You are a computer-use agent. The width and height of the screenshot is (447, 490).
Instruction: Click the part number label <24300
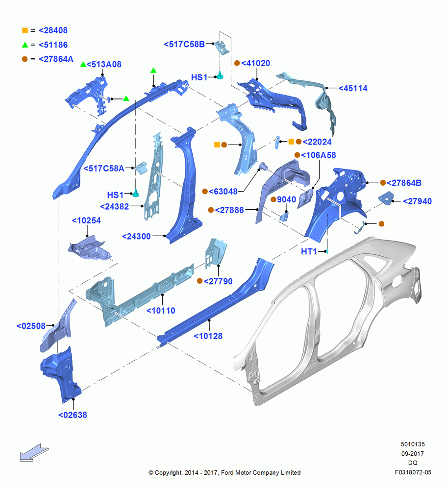point(136,236)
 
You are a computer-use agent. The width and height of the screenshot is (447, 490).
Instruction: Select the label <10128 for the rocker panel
point(208,336)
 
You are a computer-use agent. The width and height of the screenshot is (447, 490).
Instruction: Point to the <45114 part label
point(353,88)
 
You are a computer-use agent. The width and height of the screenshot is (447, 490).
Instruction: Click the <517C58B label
point(184,44)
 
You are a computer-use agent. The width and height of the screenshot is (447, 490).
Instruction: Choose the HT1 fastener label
point(309,251)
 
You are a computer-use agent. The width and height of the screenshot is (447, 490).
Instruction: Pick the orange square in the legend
point(25,30)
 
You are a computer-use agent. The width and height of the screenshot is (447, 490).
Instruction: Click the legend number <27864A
point(56,59)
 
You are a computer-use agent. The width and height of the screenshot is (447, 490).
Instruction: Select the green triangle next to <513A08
point(83,64)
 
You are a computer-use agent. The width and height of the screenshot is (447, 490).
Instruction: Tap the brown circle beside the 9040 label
point(273,199)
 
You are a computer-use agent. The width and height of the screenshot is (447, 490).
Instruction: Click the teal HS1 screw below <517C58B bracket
point(220,76)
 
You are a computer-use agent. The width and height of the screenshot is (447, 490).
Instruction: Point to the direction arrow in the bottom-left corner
point(34,452)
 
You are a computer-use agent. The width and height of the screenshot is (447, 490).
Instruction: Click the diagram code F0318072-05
point(413,472)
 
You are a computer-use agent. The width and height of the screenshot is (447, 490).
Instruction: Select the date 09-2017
point(413,453)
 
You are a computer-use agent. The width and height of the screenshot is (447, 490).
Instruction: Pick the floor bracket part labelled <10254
point(90,248)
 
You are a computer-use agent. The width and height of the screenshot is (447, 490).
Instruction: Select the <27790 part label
point(218,281)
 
